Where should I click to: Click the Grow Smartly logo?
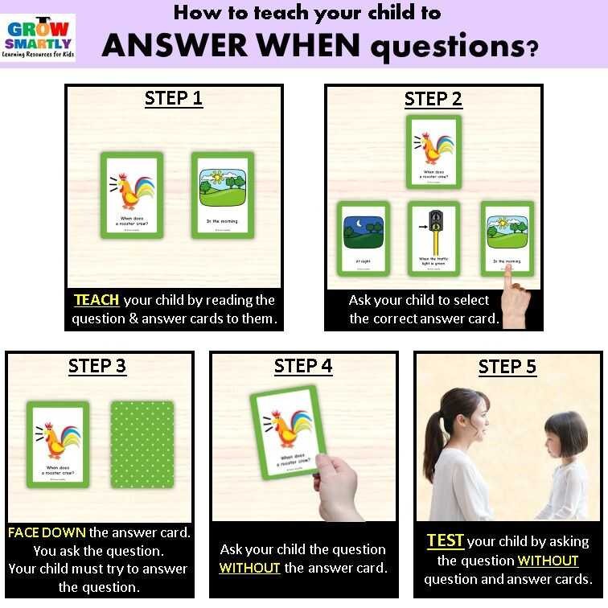39,37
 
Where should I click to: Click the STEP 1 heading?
173,99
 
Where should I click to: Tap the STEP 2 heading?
433,99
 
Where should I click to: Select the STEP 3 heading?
97,366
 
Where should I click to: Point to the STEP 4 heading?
302,366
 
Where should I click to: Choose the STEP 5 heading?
507,367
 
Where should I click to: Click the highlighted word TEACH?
97,300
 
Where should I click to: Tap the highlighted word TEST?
445,541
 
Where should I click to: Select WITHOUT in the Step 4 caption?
249,568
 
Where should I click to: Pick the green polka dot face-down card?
141,444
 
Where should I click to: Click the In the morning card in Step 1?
223,195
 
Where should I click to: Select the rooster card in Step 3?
57,444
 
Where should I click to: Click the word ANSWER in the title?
174,46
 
